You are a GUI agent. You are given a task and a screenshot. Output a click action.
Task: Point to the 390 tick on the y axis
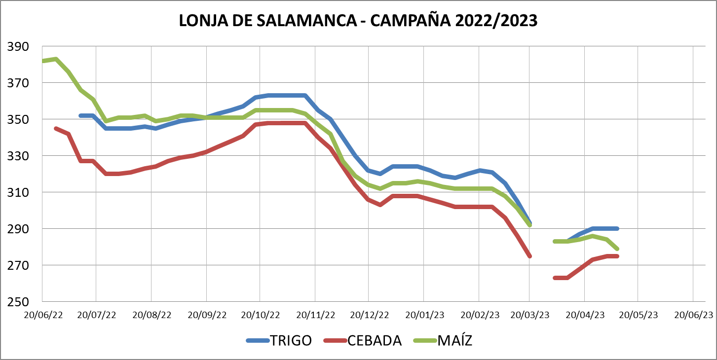tap(18, 47)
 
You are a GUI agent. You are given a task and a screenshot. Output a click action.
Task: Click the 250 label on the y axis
tap(18, 302)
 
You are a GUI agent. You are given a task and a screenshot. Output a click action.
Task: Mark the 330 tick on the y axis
tap(18, 156)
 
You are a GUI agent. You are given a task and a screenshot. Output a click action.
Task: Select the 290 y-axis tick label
tap(18, 229)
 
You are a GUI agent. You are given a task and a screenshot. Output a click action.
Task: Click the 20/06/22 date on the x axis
tap(44, 315)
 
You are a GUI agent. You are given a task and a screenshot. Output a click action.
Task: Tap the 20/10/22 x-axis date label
tap(261, 315)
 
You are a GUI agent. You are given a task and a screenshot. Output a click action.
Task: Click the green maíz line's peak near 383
tap(56, 59)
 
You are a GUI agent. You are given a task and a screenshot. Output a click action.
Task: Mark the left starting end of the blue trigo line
tap(80, 116)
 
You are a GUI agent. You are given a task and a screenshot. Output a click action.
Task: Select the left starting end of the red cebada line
tap(56, 128)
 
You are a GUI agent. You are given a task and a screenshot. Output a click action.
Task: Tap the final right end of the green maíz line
tap(617, 249)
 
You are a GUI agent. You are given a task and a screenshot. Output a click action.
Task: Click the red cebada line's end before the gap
tap(529, 256)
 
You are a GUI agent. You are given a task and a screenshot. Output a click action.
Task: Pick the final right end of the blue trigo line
tap(617, 228)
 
